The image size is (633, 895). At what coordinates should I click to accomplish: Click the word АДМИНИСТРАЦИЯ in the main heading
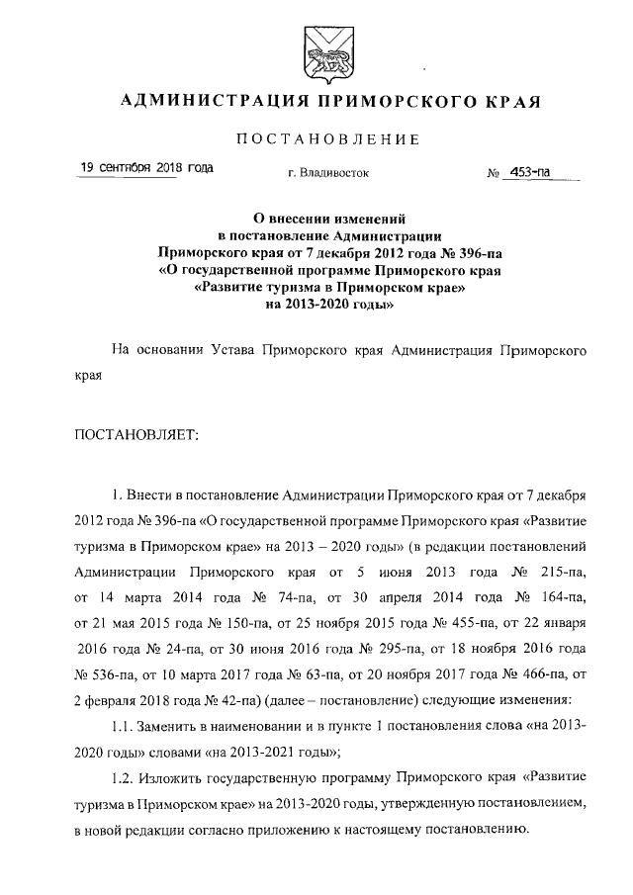pos(203,103)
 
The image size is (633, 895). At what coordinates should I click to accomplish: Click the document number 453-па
pos(528,173)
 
